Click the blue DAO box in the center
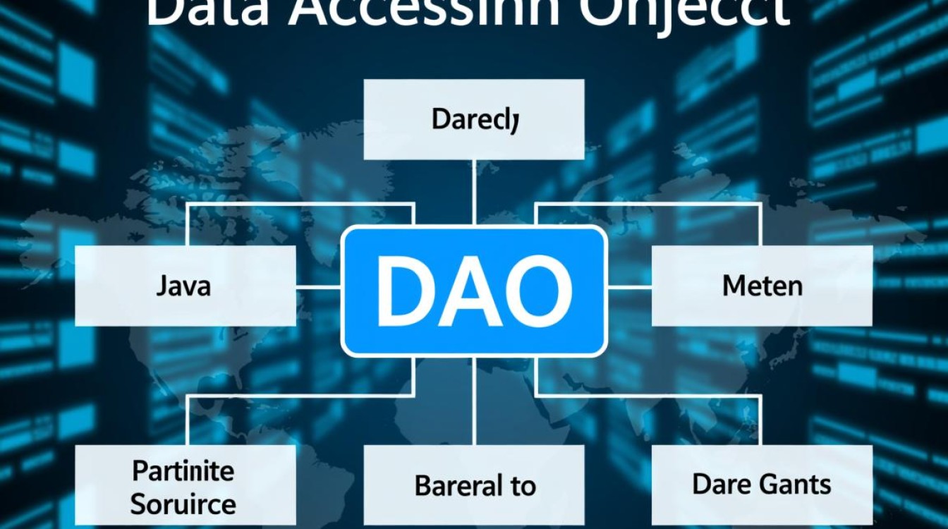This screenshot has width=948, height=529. [x=474, y=291]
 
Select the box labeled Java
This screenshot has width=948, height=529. [x=185, y=286]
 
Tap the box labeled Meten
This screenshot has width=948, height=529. [x=762, y=286]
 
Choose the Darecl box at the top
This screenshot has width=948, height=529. [x=474, y=119]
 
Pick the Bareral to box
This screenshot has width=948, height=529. [x=474, y=486]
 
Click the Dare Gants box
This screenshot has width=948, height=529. [x=762, y=485]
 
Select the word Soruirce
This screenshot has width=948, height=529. [x=183, y=504]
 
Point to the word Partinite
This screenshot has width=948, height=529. [x=183, y=470]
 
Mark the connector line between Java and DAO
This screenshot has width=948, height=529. [x=319, y=287]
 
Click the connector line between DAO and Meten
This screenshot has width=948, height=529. [x=629, y=287]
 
